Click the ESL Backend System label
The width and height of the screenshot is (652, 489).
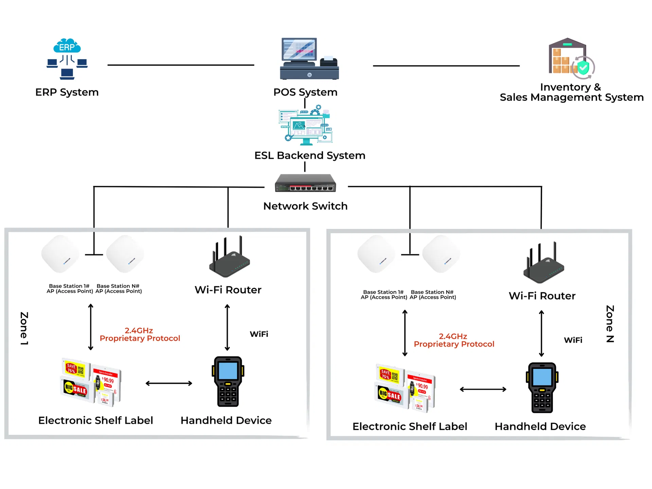(310, 156)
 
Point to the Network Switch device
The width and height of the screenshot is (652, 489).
(305, 183)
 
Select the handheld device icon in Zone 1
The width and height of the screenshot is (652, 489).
(228, 381)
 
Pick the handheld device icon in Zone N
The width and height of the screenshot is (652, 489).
(542, 387)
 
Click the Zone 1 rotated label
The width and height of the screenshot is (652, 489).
(24, 328)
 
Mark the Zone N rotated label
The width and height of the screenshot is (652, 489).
(610, 324)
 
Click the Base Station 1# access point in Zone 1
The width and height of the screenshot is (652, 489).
(60, 254)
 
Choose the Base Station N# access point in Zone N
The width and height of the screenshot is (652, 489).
(441, 254)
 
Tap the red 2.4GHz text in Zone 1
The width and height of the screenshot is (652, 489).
(139, 330)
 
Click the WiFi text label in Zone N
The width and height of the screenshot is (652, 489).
(573, 340)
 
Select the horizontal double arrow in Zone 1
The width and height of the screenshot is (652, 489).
(169, 383)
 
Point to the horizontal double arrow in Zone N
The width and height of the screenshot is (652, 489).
(483, 390)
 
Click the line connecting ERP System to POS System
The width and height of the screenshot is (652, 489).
(181, 65)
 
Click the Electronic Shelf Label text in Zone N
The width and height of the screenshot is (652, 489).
(410, 427)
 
